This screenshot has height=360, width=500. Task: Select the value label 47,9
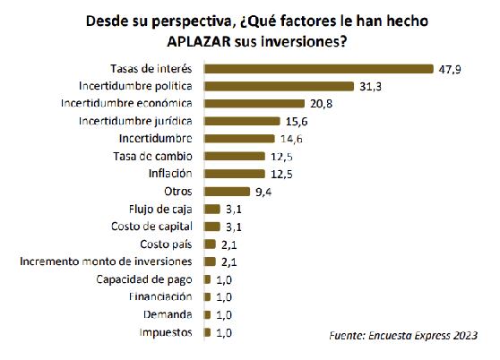coord(449,68)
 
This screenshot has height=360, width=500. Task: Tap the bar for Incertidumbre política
coord(280,86)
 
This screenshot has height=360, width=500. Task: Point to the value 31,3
coord(369,86)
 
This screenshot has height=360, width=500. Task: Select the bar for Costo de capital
coord(211,226)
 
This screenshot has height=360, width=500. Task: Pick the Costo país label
coord(166,244)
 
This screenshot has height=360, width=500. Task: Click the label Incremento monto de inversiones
coord(106,261)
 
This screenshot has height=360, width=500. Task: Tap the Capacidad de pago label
coord(145,279)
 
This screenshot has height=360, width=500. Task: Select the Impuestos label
coord(164,331)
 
